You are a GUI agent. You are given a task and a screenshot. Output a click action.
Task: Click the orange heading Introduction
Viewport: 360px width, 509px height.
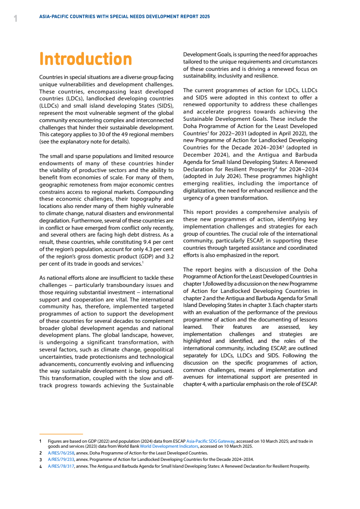click(86, 59)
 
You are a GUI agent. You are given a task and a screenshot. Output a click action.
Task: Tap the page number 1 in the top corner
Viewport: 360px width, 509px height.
click(15, 19)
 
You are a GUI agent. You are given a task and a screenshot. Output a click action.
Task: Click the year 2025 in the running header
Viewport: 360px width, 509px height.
click(204, 16)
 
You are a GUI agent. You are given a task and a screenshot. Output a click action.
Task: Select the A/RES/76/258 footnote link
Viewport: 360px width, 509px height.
click(61, 453)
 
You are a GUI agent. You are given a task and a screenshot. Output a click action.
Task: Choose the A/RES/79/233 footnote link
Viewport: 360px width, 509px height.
click(61, 460)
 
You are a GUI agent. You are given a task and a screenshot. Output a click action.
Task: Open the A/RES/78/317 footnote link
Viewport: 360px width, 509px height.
click(61, 466)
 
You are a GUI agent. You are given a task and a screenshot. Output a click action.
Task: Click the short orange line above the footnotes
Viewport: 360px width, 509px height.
click(61, 434)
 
